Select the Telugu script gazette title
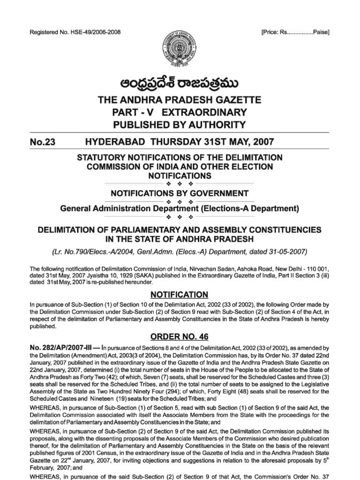point(180,83)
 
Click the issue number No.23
point(43,142)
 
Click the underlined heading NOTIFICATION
point(180,294)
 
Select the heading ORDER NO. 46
point(180,337)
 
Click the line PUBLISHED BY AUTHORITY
point(180,124)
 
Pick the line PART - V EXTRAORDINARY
point(180,112)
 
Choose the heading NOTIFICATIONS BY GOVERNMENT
point(180,193)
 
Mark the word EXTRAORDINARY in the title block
point(210,112)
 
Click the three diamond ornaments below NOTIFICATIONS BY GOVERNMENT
point(180,201)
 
